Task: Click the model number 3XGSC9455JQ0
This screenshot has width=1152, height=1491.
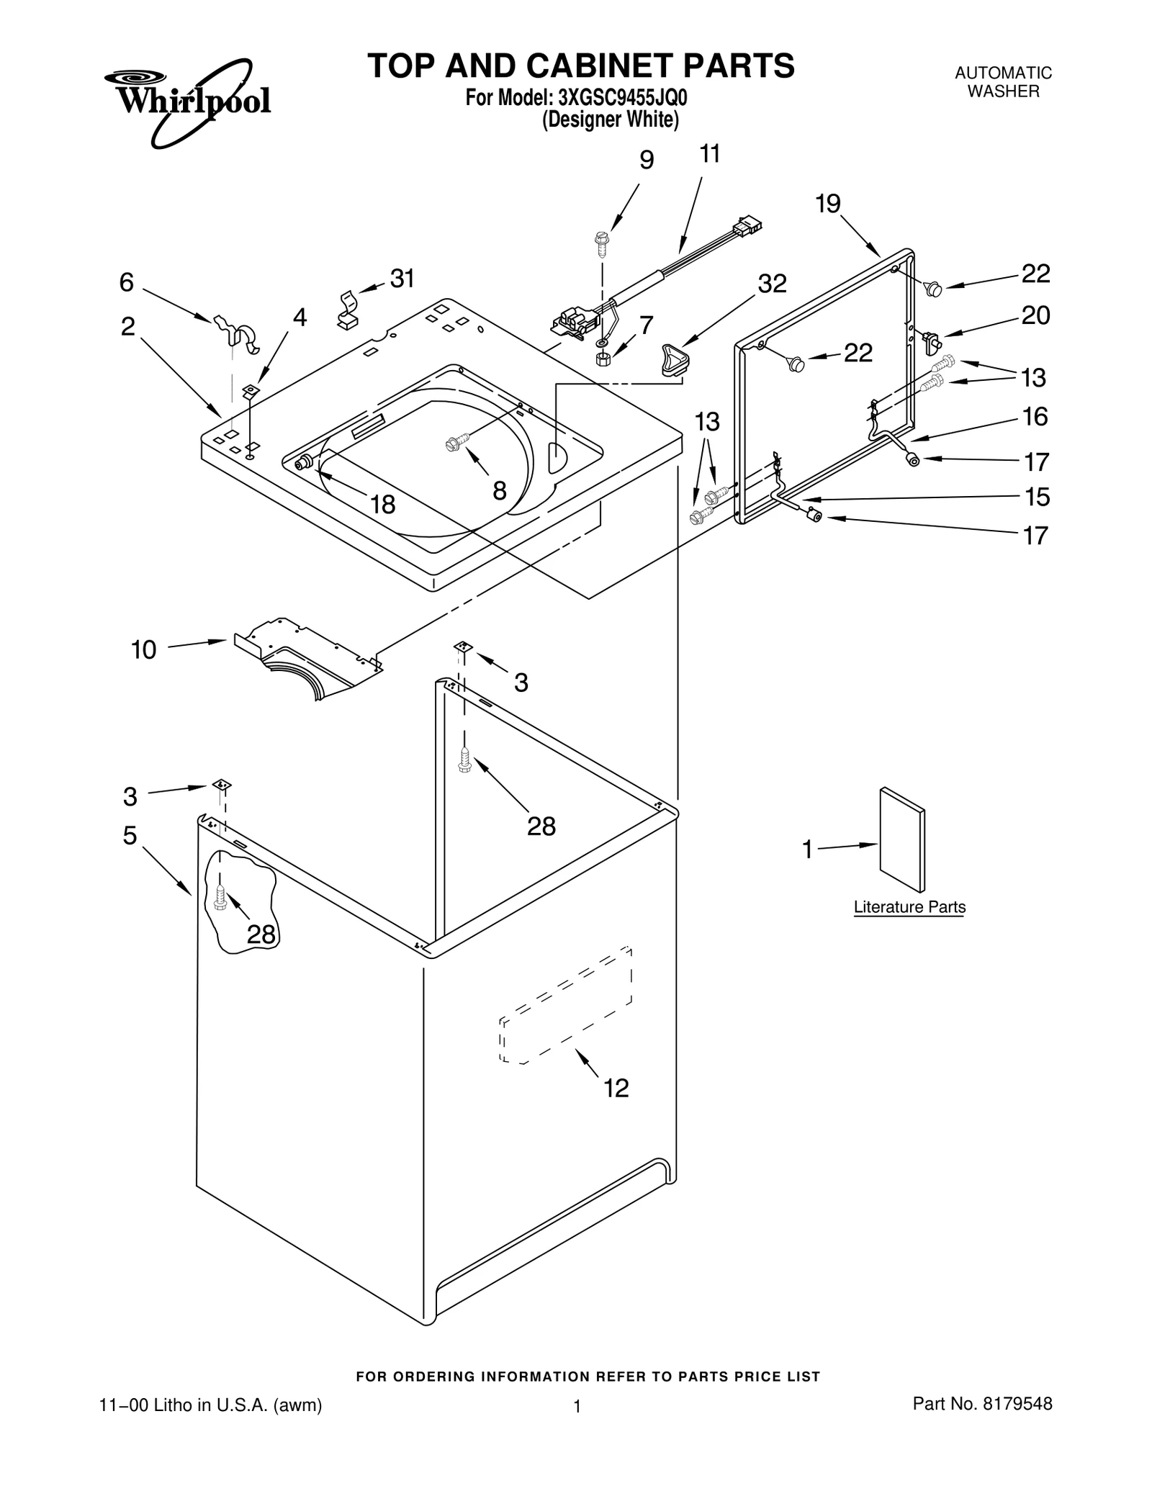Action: (618, 97)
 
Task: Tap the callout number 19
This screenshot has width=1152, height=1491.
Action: (828, 204)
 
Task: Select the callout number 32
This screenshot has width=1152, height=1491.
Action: (772, 284)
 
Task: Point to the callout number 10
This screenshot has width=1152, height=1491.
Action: (143, 649)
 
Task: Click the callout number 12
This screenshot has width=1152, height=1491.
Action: (616, 1088)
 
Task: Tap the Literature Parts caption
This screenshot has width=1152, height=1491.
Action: (909, 907)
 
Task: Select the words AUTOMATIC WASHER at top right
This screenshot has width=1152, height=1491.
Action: (1003, 82)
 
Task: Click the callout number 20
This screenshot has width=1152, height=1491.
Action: (1035, 315)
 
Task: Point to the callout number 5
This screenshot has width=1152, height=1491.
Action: (130, 835)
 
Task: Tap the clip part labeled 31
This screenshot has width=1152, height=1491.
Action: (348, 310)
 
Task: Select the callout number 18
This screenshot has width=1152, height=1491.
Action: (382, 505)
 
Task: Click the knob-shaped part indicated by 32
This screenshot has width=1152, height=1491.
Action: (673, 359)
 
